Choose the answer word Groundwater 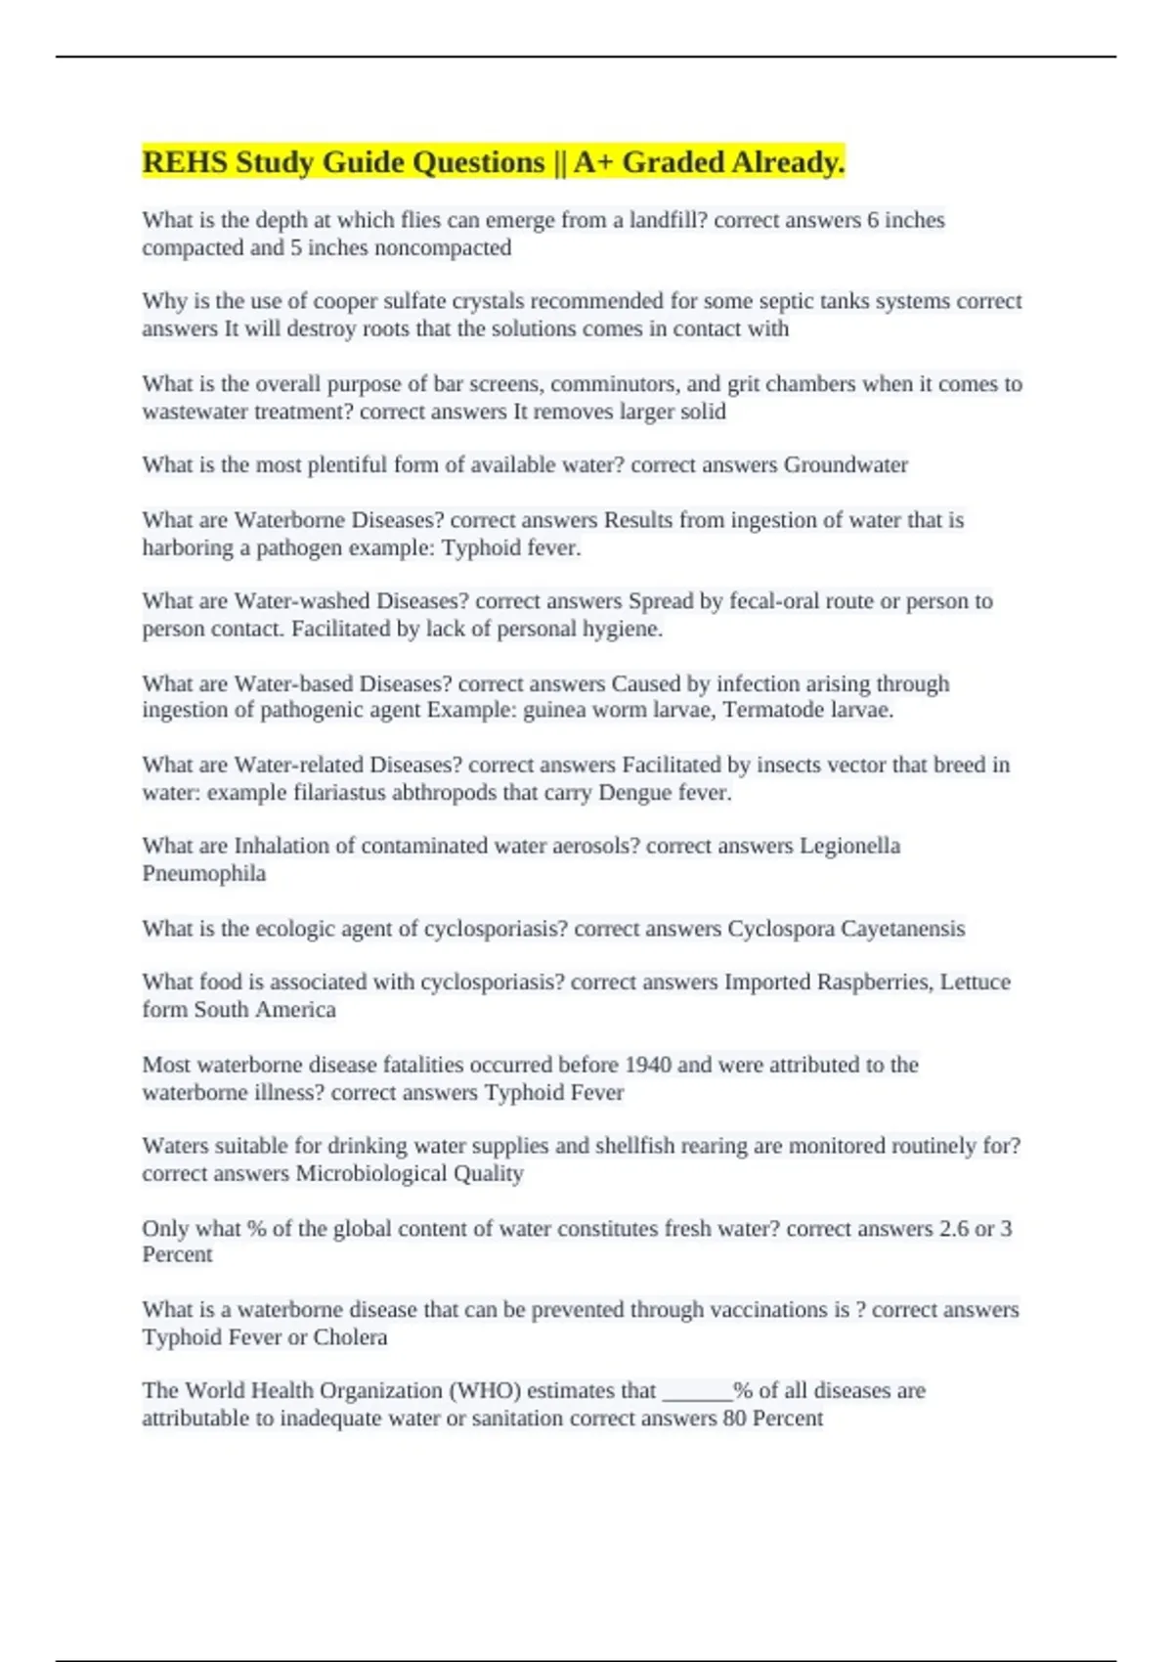[846, 464]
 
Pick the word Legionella [849, 846]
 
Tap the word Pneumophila [203, 873]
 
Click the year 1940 [647, 1064]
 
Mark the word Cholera [350, 1336]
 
